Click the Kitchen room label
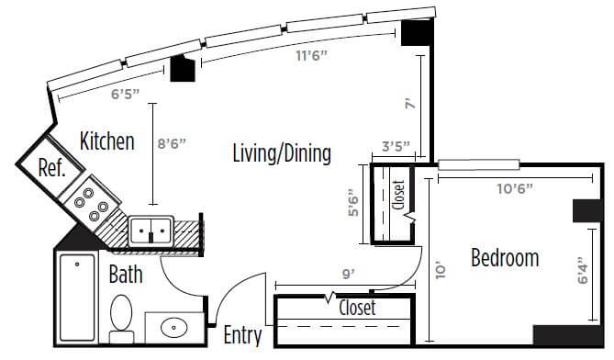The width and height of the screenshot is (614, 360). point(106,141)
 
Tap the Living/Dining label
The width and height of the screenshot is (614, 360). point(282,153)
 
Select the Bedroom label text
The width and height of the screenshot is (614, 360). point(505,258)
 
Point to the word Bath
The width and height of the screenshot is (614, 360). point(126,275)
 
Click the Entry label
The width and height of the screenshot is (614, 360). point(243,336)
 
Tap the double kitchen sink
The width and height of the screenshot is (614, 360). point(151,232)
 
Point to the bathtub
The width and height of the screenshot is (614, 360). point(77,298)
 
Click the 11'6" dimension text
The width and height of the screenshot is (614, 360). point(311,56)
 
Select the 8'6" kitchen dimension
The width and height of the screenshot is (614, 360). point(171,144)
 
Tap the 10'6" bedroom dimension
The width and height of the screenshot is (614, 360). point(515,189)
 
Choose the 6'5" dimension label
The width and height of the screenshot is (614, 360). point(126,95)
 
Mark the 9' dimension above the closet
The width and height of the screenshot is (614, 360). point(348,275)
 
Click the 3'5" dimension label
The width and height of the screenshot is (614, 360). point(396,147)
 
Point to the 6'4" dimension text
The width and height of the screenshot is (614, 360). point(583,270)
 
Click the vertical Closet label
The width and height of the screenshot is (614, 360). point(398,195)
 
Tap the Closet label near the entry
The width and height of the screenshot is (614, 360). point(358,308)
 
